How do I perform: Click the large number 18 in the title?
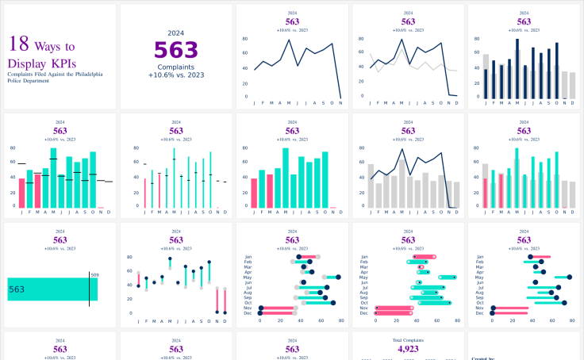coord(18,45)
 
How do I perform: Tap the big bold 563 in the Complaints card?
coord(176,50)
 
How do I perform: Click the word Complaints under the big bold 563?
coord(176,67)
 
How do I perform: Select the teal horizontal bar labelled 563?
coord(48,289)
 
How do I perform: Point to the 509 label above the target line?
coord(95,275)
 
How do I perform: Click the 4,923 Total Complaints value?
coord(407,349)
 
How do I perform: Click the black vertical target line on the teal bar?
coord(89,289)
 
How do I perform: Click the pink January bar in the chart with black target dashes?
coord(21,193)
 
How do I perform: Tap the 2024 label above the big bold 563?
coord(176,33)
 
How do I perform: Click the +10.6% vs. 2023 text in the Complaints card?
coord(176,75)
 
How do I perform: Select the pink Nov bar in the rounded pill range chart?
coord(394,308)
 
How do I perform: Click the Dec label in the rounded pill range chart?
coord(364,313)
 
